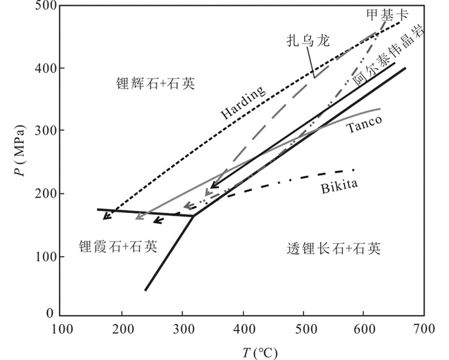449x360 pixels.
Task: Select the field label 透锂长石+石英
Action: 334,248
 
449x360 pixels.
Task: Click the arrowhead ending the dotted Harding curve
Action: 106,216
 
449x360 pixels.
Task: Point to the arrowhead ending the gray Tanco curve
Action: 139,217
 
